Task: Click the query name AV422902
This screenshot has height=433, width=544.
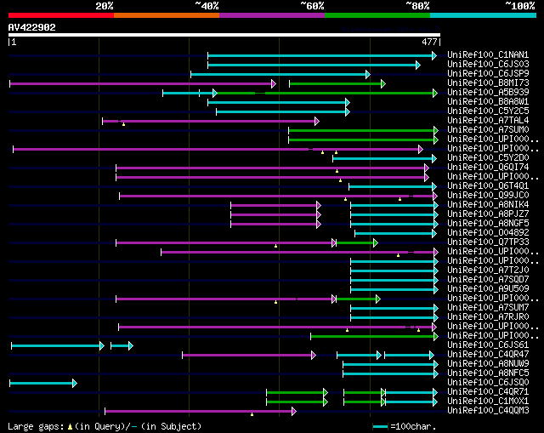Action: (x=32, y=27)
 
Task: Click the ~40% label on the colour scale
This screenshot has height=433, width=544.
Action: (x=207, y=6)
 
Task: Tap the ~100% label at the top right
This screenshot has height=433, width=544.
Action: (x=520, y=6)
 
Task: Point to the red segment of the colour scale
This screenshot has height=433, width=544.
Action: (x=60, y=14)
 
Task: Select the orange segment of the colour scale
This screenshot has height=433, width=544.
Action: (x=166, y=14)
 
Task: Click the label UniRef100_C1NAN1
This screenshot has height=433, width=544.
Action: (x=488, y=55)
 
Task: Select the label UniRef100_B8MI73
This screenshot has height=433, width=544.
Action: (x=488, y=83)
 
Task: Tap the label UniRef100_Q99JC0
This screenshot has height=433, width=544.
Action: (x=488, y=196)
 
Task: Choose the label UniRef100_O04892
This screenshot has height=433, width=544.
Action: (x=488, y=233)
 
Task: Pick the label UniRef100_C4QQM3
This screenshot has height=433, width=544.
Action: (x=488, y=411)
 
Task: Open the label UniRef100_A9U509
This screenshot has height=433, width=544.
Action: (x=488, y=289)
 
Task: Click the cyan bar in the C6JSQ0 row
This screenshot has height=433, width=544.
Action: (x=42, y=383)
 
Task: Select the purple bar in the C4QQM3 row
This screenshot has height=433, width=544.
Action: (x=200, y=411)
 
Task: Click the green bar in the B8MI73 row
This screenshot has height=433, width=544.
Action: (x=337, y=83)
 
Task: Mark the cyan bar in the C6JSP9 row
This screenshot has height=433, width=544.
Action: (x=280, y=74)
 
